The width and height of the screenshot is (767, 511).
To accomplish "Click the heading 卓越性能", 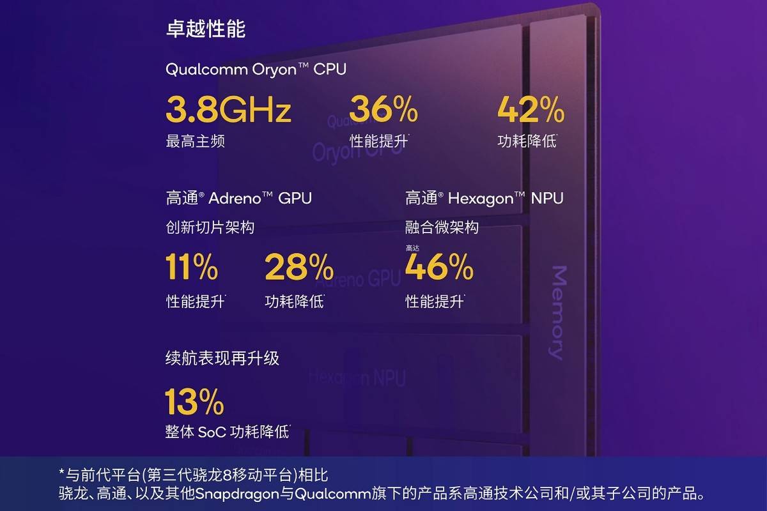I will (205, 29).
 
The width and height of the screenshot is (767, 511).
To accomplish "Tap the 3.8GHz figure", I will (228, 109).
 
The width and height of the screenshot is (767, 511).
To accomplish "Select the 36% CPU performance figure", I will (383, 109).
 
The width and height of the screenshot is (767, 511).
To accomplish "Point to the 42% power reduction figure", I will (531, 109).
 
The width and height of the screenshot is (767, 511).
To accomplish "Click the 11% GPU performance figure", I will (192, 267).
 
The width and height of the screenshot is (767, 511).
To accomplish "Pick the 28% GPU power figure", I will (298, 267).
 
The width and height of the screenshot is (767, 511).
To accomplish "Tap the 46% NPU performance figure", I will (439, 267).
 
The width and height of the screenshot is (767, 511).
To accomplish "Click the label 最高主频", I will (195, 141).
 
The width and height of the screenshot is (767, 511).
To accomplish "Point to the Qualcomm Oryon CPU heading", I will (256, 69).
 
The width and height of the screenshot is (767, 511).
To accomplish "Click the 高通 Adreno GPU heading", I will (238, 198).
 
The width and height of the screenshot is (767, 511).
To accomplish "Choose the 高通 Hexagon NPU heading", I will (484, 198).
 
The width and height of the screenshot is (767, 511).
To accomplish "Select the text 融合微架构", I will (442, 227).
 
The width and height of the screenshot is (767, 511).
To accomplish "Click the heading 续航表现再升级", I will (222, 358).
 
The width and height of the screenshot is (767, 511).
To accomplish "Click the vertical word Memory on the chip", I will (557, 313).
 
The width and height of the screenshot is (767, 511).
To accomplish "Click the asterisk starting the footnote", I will (62, 474).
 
